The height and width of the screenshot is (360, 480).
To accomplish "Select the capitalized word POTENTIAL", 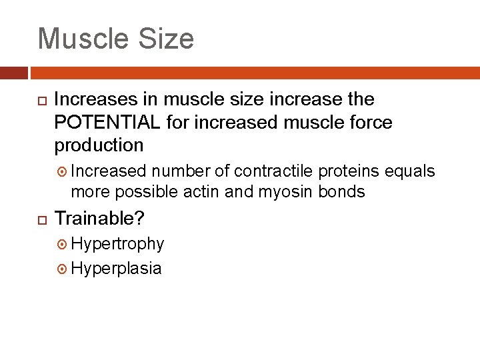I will click(107, 122).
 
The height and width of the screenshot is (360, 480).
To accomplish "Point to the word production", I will click(99, 145).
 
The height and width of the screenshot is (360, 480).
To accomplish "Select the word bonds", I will click(343, 192).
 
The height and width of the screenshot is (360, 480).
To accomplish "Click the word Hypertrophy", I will click(117, 244).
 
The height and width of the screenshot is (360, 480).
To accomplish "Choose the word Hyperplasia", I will click(116, 268).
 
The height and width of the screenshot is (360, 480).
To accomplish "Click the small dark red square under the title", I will click(14, 73).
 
